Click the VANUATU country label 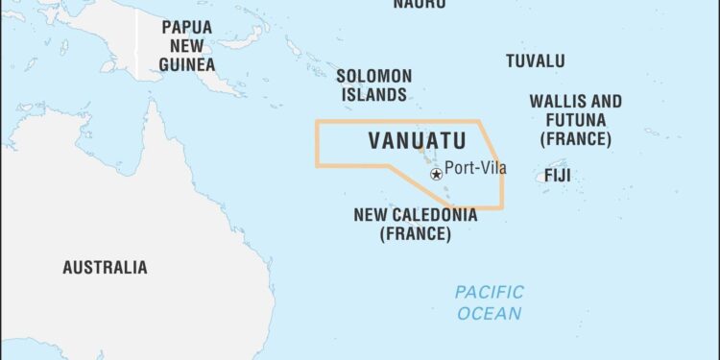click(417, 141)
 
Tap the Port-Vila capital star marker click(437, 174)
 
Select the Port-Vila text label click(475, 169)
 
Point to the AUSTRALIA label click(105, 267)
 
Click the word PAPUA click(186, 27)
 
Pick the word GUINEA click(186, 64)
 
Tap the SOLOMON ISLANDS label click(373, 85)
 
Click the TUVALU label click(536, 60)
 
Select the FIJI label click(558, 176)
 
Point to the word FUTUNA click(575, 120)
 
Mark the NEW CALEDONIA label click(415, 215)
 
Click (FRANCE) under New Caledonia click(415, 233)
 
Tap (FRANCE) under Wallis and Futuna click(575, 138)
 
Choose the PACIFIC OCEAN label click(490, 302)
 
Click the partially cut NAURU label click(420, 4)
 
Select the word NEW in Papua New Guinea click(186, 45)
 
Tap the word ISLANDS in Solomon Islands click(374, 95)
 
